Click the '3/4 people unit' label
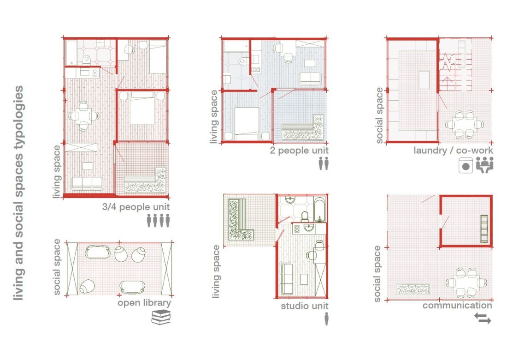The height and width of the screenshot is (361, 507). click(136, 207)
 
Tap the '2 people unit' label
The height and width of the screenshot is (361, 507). click(299, 150)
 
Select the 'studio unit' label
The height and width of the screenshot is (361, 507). click(305, 306)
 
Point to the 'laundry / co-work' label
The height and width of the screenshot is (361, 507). click(454, 150)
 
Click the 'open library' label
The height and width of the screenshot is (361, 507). click(144, 303)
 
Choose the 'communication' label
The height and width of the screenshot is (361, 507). click(457, 305)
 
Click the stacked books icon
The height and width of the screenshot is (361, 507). click(161, 317)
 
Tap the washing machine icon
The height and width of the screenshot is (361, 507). click(466, 165)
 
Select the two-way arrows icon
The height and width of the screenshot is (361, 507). click(483, 318)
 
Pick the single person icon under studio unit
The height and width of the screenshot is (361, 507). click(326, 319)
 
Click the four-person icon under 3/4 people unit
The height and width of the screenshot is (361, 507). click(158, 221)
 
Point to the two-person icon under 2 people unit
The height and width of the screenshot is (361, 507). click(324, 164)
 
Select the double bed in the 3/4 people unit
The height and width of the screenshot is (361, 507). click(142, 108)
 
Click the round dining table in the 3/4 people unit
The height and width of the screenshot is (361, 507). click(84, 116)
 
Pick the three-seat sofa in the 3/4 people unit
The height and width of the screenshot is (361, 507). click(87, 184)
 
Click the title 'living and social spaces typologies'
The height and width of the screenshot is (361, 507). click(18, 193)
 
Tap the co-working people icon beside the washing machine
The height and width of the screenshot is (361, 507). click(484, 165)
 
